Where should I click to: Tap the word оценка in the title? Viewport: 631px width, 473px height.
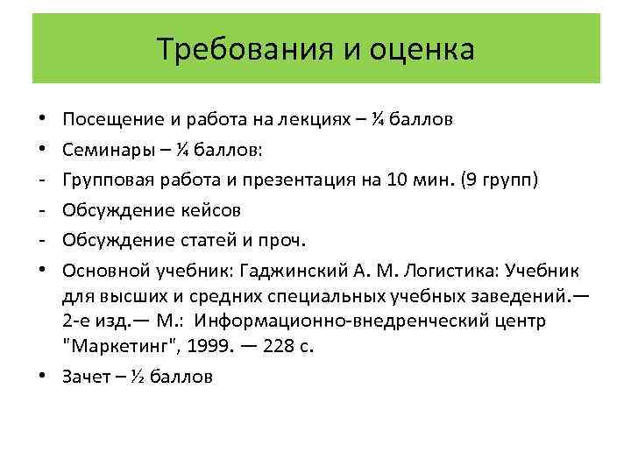pos(420,49)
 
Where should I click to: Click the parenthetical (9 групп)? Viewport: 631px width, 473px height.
pos(499,180)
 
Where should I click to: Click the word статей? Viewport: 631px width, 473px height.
pos(214,240)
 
